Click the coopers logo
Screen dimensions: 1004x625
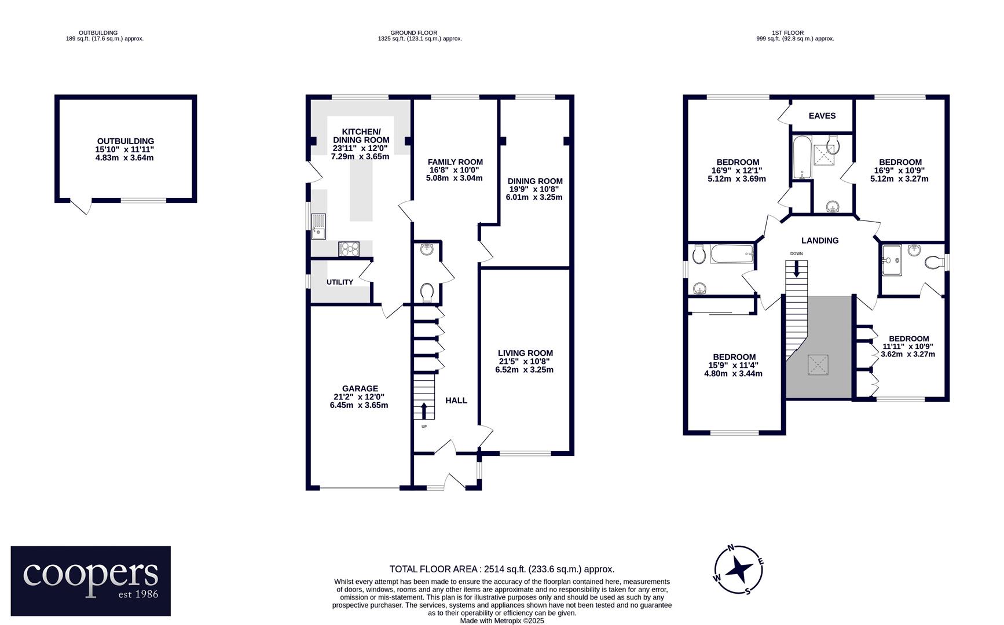(91, 580)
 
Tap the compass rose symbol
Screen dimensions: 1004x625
(738, 569)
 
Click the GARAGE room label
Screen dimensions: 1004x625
(360, 389)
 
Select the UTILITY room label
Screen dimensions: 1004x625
(340, 282)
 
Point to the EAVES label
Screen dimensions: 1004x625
(822, 116)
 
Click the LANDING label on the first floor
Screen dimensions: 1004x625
(820, 241)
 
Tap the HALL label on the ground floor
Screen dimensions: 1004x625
(456, 400)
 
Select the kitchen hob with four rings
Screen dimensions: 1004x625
(349, 249)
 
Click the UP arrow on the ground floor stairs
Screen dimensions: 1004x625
(424, 411)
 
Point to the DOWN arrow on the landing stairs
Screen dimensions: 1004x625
(797, 269)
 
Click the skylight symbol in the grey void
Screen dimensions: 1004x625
(818, 365)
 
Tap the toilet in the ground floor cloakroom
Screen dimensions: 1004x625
(427, 292)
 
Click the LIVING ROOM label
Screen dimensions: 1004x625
(525, 353)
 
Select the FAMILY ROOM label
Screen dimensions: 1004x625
(455, 162)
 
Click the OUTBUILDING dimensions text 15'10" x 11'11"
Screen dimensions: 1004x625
(125, 149)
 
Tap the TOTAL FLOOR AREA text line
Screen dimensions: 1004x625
(502, 569)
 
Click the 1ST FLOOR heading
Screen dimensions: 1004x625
(788, 33)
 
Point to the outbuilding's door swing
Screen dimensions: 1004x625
(82, 205)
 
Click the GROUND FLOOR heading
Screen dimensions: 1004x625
(414, 33)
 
